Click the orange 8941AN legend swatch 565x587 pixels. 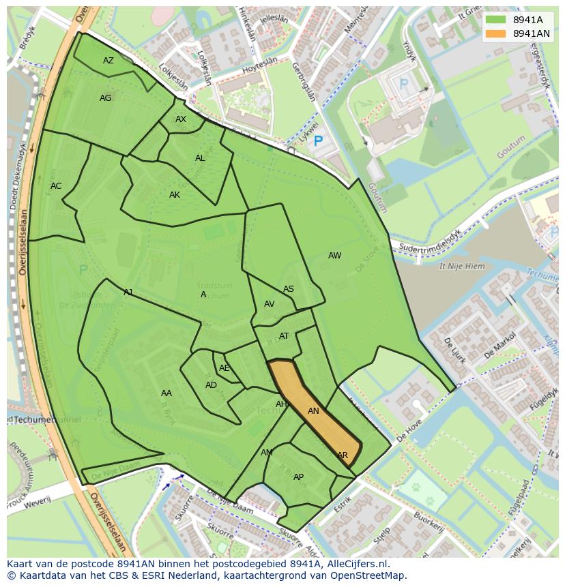click(496, 33)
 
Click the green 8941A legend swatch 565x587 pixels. click(496, 20)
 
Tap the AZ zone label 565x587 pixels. click(108, 61)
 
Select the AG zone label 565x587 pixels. click(105, 98)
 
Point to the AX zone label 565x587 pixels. click(181, 119)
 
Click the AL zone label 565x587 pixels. click(200, 158)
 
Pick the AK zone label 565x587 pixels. click(175, 195)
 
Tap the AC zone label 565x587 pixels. click(56, 186)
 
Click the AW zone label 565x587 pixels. click(334, 256)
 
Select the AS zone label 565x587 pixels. click(289, 289)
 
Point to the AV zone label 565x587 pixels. click(270, 304)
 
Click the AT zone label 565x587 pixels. click(284, 336)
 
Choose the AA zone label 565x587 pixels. click(166, 393)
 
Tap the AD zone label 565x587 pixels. click(211, 385)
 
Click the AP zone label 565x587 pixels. click(298, 477)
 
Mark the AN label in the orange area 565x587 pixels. click(313, 411)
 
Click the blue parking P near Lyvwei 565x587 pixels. click(317, 142)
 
